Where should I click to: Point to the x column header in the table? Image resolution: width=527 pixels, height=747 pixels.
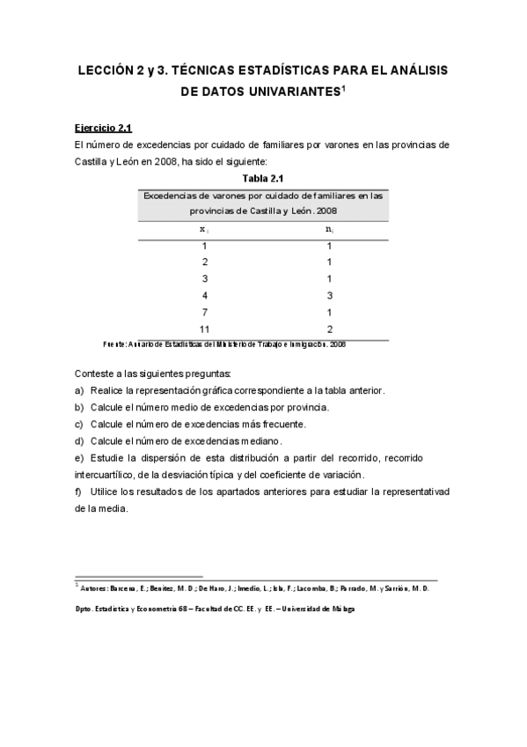[204, 229]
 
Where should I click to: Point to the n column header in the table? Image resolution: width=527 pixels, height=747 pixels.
[328, 229]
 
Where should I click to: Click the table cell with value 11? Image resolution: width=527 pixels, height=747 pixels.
[204, 329]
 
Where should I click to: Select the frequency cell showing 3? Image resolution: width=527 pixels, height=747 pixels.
[328, 295]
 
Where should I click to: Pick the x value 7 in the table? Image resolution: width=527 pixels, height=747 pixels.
[204, 312]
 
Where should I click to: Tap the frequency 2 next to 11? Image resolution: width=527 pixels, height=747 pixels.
[328, 329]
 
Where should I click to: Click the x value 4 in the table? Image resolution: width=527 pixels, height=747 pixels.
[204, 295]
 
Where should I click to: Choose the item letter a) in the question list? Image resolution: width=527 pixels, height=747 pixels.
[80, 390]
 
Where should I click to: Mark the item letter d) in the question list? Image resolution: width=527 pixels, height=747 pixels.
[80, 440]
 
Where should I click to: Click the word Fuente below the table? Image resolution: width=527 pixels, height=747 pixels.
[114, 344]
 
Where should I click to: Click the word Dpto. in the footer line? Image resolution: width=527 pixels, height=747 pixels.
[85, 610]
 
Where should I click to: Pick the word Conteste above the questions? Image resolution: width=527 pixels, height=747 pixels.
[95, 373]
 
